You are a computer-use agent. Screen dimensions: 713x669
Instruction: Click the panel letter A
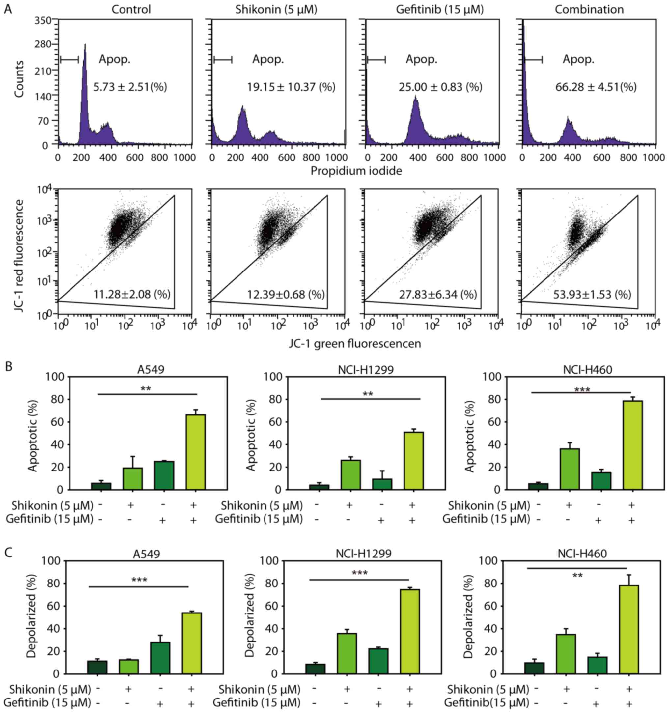(8, 9)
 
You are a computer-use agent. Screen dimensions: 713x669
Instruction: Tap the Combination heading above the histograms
(589, 9)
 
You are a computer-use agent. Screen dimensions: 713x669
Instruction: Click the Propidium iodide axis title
(356, 171)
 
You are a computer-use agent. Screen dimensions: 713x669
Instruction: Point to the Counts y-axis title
(19, 79)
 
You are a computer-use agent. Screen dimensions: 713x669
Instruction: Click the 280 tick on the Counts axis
(43, 44)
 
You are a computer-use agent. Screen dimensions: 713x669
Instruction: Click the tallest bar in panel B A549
(196, 452)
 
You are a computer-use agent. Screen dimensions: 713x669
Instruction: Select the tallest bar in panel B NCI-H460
(632, 445)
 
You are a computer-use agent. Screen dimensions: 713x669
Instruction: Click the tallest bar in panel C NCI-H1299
(410, 632)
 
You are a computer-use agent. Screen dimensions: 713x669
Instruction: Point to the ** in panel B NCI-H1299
(368, 394)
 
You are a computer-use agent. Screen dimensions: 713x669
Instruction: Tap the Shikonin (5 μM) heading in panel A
(276, 9)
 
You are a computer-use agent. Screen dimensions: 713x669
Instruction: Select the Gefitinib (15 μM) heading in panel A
(439, 9)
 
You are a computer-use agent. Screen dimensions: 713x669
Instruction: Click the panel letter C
(8, 552)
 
